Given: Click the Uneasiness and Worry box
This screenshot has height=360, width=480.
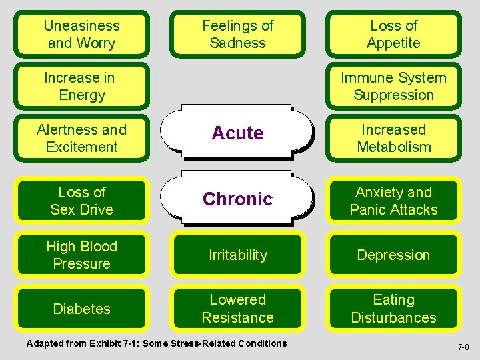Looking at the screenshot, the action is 82,35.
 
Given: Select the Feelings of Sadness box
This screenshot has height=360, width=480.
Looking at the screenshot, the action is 237,35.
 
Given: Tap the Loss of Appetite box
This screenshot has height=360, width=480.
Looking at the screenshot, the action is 393,35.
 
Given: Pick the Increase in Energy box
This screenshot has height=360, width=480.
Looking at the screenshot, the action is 82,87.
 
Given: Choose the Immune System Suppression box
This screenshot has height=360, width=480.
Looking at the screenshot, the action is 393,87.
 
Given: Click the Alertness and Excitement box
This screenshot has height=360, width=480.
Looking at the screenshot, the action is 82,139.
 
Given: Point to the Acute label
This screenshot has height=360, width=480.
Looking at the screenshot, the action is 237,133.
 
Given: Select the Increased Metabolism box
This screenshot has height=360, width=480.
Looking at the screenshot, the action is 393,139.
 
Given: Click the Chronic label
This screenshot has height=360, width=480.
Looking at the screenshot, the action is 237,199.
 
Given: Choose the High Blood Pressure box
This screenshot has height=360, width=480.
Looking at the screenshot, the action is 82,255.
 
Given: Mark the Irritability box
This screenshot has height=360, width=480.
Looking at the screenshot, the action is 237,255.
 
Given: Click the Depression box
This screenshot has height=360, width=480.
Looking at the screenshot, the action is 393,255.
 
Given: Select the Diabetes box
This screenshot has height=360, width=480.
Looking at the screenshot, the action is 82,309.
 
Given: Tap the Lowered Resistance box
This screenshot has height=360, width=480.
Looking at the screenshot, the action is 237,309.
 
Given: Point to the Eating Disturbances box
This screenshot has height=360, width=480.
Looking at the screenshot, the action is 393,309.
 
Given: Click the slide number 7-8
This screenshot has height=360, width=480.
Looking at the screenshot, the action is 463,347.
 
